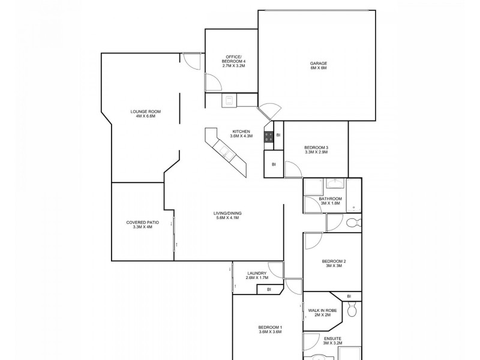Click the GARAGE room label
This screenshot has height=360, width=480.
[x=318, y=65]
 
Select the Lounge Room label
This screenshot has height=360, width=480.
[x=146, y=114]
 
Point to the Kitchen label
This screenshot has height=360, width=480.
[x=242, y=134]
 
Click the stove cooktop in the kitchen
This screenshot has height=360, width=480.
[x=269, y=136]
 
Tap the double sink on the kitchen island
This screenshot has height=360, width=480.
[x=227, y=152]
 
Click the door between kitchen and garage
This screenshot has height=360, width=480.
[x=268, y=112]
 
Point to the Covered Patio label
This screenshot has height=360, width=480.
[x=143, y=224]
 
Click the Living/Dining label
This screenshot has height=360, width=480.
[x=227, y=215]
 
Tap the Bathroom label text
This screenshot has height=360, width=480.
[x=330, y=201]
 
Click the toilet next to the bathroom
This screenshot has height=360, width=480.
[x=353, y=223]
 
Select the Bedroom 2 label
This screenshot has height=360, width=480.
[x=334, y=263]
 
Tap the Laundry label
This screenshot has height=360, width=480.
[x=256, y=275]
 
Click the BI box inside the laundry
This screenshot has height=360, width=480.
[x=269, y=290]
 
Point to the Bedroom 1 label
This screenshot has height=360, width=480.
[x=270, y=329]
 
